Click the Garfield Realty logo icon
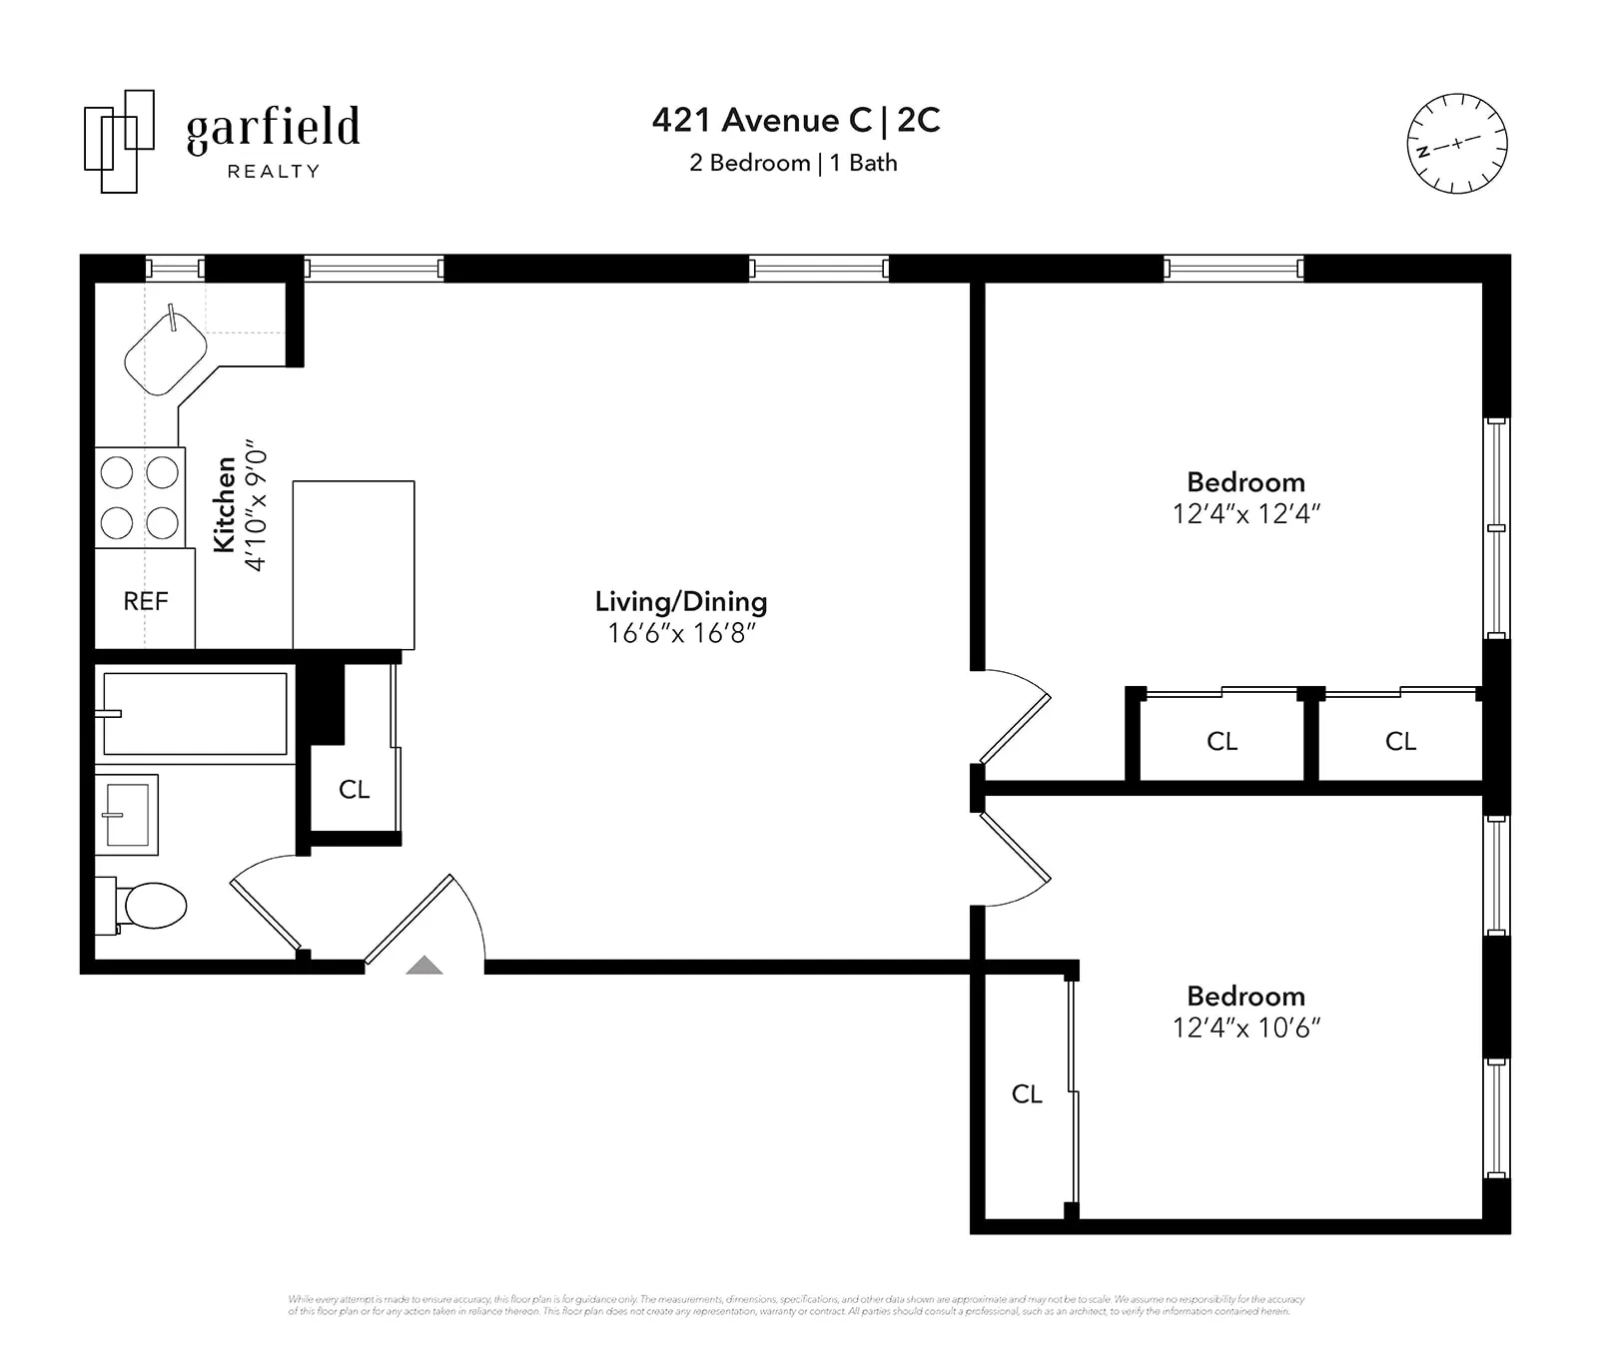tap(119, 141)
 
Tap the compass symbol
tap(1456, 144)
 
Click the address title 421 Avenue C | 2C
tap(796, 120)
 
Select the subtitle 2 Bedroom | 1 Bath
tap(793, 163)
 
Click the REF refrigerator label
tap(146, 601)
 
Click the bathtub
tap(195, 713)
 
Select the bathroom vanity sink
tap(127, 815)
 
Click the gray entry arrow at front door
tap(424, 965)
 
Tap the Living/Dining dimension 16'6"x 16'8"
tap(681, 633)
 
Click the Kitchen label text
tap(226, 504)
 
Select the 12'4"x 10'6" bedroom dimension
tap(1245, 1027)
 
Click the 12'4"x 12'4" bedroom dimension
tap(1245, 513)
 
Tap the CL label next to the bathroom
tap(355, 790)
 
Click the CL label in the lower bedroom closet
tap(1027, 1094)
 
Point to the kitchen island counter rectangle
tap(354, 565)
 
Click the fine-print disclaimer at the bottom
tap(796, 1305)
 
